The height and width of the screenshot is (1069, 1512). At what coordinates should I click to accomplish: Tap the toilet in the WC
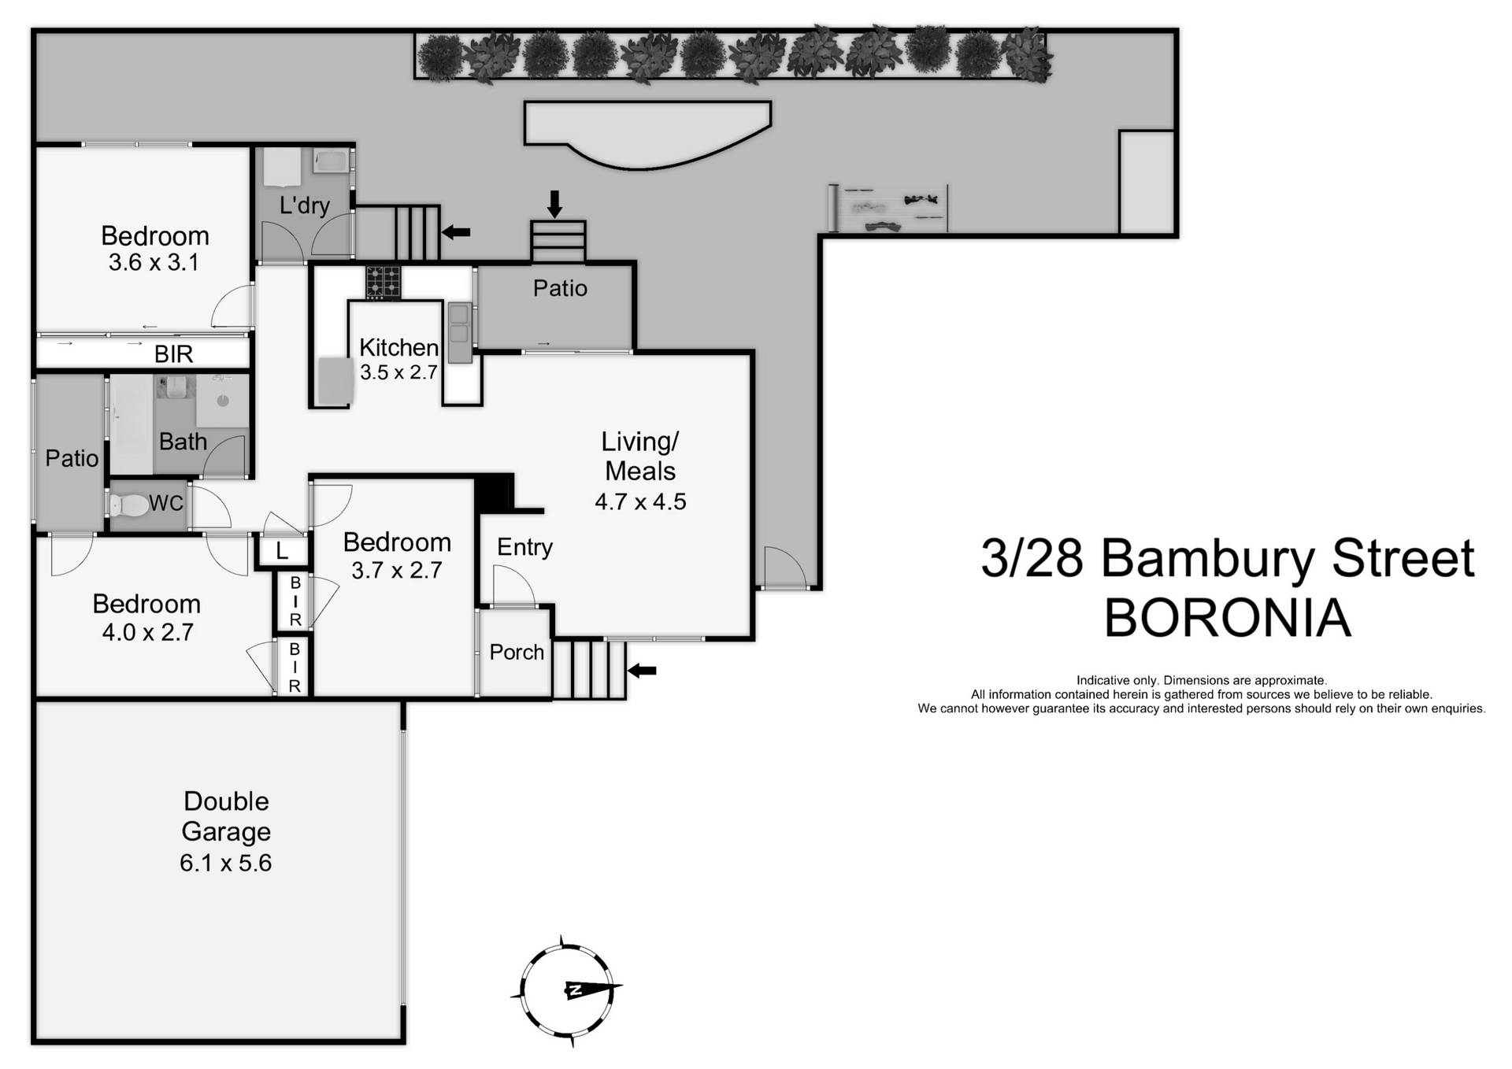click(x=130, y=505)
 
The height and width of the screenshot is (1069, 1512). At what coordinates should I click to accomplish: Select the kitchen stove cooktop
click(x=383, y=282)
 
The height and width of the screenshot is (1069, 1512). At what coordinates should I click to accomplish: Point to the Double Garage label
click(x=226, y=816)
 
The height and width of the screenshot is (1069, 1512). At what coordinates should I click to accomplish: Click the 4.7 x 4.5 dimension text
click(x=640, y=501)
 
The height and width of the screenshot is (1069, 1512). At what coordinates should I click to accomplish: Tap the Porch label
click(x=517, y=652)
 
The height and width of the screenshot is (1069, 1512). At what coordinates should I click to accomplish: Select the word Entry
click(x=524, y=547)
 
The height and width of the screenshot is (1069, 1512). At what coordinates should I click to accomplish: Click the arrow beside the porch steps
click(x=643, y=671)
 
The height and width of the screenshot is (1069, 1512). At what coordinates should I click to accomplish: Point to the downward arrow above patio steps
click(x=554, y=203)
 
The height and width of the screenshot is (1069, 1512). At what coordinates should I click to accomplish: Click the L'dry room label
click(x=304, y=205)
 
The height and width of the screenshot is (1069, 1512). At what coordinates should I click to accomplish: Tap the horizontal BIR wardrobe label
click(x=173, y=354)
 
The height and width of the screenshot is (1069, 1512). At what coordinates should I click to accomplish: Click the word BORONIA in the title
click(x=1227, y=618)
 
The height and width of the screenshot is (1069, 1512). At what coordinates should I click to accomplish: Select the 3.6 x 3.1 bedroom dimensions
click(x=154, y=263)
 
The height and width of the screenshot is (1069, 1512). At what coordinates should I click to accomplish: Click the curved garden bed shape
click(x=646, y=134)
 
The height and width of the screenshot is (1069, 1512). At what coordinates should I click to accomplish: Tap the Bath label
click(x=183, y=442)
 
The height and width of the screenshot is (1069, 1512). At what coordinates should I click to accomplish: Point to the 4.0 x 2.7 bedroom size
click(x=147, y=632)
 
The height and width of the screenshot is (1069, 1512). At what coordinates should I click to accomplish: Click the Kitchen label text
click(x=398, y=347)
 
